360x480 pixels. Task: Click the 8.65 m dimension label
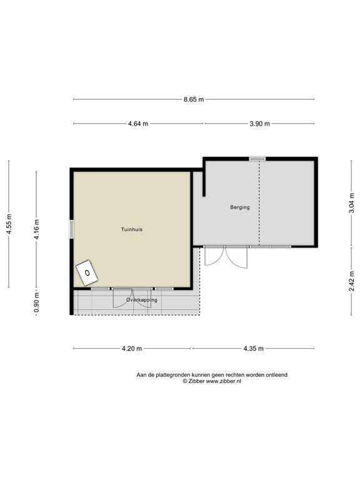tap(194, 99)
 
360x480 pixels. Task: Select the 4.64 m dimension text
tap(138, 124)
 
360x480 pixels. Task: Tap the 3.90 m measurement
tap(259, 124)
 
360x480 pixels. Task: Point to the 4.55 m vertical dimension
tap(9, 224)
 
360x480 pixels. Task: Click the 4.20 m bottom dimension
tap(132, 349)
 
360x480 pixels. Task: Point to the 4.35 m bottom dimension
tap(254, 349)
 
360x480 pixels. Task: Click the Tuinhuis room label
tap(132, 229)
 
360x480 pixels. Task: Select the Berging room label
tap(239, 207)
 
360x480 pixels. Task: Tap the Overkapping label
tap(142, 300)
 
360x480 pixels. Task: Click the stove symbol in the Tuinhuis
tap(86, 272)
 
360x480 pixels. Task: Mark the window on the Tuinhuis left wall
tap(72, 229)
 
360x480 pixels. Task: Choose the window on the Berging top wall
tap(257, 159)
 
